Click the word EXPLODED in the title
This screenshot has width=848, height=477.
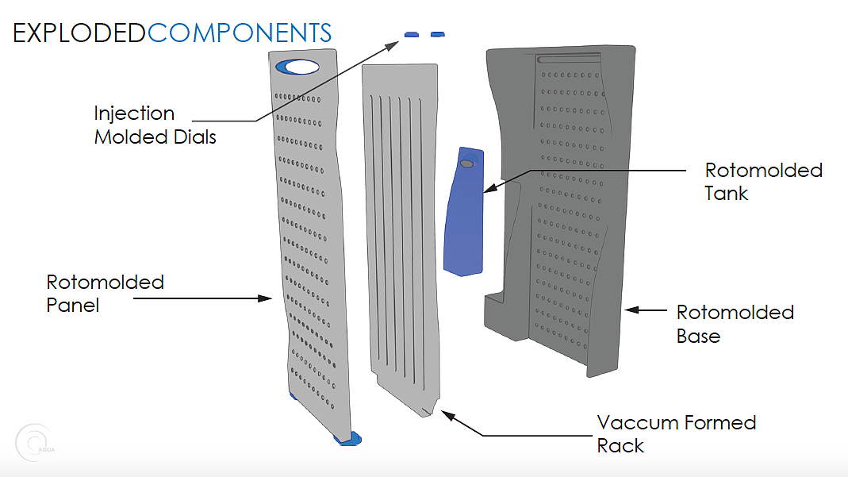point(79,33)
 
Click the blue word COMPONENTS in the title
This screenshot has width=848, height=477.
point(240,33)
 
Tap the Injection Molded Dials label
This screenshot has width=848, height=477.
point(155,125)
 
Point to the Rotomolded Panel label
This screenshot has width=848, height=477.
point(106,294)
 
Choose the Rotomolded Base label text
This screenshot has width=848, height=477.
point(735,324)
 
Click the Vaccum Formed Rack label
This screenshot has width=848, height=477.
point(676,433)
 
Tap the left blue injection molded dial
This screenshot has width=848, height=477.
point(412,34)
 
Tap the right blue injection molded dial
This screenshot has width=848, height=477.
point(437,34)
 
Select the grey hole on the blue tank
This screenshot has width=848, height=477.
point(467,163)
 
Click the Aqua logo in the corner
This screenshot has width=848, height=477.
point(36,443)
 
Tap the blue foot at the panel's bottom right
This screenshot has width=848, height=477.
point(349,437)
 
